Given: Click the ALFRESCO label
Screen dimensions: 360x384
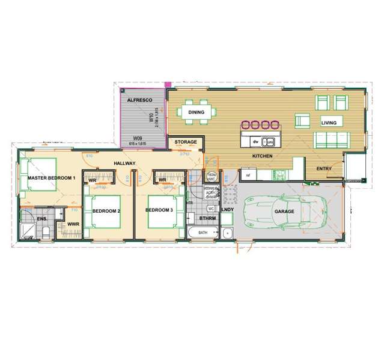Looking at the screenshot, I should coord(138,99).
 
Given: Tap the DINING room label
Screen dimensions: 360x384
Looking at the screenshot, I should coord(197,112).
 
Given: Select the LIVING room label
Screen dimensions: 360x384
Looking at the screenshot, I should coord(329,122).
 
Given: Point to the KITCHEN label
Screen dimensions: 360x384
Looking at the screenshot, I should coord(263,156).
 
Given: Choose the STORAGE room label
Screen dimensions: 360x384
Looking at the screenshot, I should coord(186,142).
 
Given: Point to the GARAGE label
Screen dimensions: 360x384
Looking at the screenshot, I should coord(284,212).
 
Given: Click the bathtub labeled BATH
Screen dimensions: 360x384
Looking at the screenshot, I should coord(203,233).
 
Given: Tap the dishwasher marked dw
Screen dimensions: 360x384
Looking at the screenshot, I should coord(255,142).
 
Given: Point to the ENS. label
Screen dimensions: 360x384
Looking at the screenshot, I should coord(41,219).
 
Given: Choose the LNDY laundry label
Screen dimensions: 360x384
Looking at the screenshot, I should coord(228,210).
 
